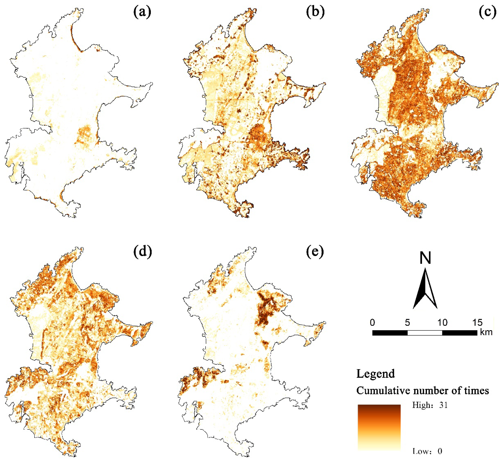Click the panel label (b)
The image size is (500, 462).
315,12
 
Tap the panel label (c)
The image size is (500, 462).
488,12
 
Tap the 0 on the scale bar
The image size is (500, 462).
372,323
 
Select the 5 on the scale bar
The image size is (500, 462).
407,323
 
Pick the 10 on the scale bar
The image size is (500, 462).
442,323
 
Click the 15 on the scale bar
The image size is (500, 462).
477,323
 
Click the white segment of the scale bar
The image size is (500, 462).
425,333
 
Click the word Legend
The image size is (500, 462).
376,374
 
